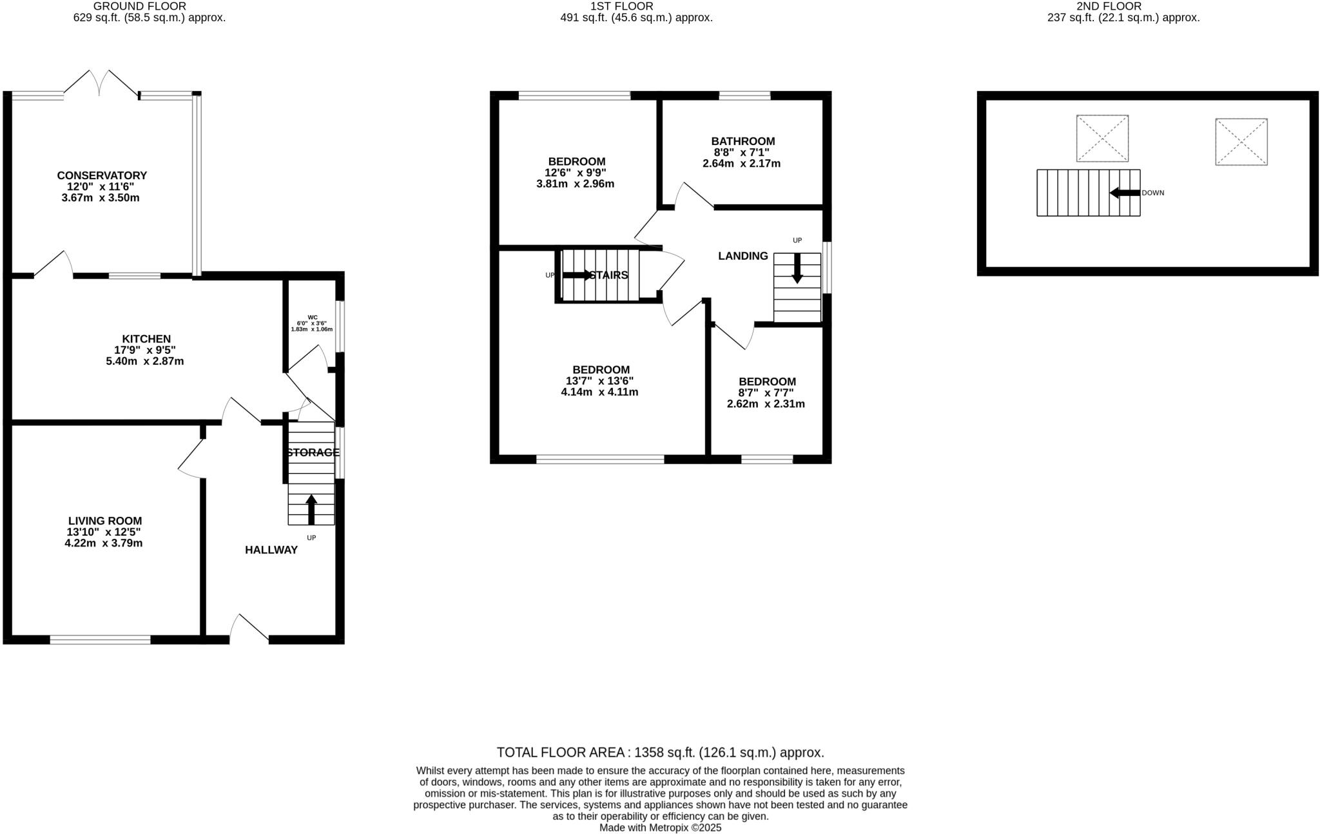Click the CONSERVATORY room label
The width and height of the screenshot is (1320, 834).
(x=102, y=175)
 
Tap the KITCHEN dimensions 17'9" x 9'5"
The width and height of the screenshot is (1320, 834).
(x=145, y=350)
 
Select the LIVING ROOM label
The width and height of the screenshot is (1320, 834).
(x=105, y=521)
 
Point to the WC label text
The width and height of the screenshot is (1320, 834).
(x=313, y=317)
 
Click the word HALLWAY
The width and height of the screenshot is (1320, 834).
(x=271, y=550)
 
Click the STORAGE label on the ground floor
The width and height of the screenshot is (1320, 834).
(x=313, y=452)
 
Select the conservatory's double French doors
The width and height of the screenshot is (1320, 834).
(x=101, y=84)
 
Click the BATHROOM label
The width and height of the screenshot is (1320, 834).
(x=743, y=141)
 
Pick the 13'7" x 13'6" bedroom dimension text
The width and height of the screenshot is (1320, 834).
(x=600, y=381)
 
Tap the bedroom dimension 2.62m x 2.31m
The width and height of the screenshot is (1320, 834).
(x=766, y=404)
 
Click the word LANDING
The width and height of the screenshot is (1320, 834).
(x=743, y=256)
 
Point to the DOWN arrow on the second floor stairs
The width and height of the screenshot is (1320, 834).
(x=1125, y=193)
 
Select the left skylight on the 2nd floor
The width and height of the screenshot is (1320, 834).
(x=1102, y=139)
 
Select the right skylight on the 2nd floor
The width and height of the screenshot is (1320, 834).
(x=1241, y=142)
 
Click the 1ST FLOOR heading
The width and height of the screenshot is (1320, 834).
(x=621, y=6)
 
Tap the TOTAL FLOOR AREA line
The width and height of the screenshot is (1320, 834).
(x=660, y=752)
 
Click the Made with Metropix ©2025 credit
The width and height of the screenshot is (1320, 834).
(x=660, y=828)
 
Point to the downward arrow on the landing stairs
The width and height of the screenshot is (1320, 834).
(x=797, y=268)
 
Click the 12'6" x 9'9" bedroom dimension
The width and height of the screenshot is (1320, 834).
(x=576, y=173)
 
